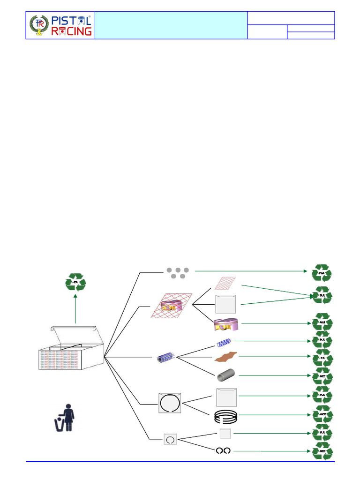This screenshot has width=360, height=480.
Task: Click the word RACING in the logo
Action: [71, 31]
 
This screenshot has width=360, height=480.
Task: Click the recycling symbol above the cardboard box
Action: [75, 282]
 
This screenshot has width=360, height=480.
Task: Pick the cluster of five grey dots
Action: [177, 273]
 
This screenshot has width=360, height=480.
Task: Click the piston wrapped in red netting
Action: [171, 306]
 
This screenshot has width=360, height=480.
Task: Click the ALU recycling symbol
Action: [322, 323]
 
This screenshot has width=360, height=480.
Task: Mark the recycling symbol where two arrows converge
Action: [322, 296]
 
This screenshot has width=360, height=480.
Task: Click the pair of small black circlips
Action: [223, 450]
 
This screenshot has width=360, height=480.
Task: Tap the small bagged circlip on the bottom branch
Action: [170, 439]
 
